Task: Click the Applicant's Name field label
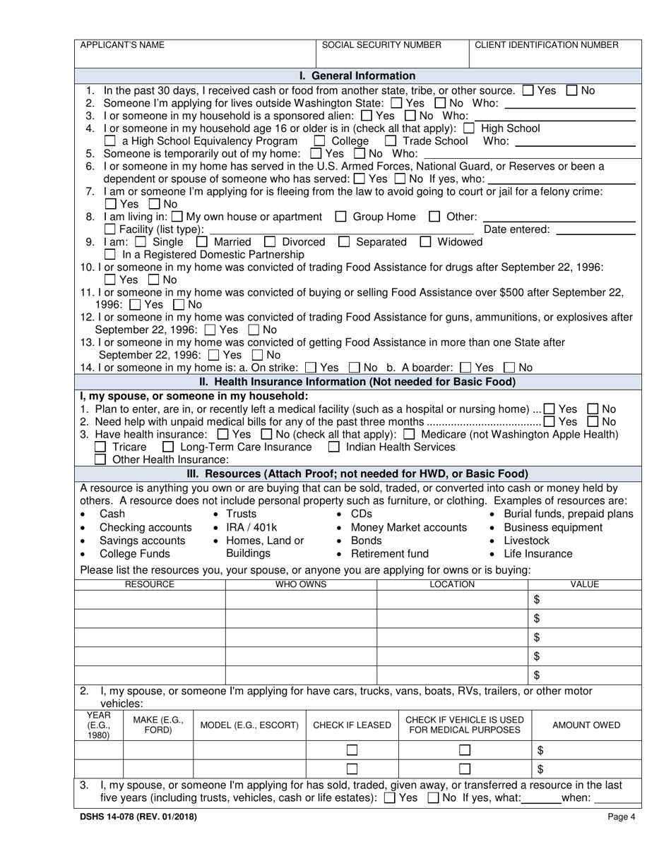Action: [x=122, y=45]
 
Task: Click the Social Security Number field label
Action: [x=381, y=45]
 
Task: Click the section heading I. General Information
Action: [x=357, y=76]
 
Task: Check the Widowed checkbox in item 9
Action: [x=425, y=242]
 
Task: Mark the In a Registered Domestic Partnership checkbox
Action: [x=109, y=254]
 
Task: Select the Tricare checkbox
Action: [x=100, y=447]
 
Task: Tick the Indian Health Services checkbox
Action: [x=334, y=447]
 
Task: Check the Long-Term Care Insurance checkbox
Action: [x=168, y=447]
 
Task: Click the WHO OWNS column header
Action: [x=301, y=584]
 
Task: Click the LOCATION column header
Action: [x=452, y=584]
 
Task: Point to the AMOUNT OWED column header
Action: [x=586, y=725]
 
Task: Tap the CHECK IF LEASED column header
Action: [x=352, y=725]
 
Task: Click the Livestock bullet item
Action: [x=526, y=541]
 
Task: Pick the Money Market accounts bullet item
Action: [x=408, y=528]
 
